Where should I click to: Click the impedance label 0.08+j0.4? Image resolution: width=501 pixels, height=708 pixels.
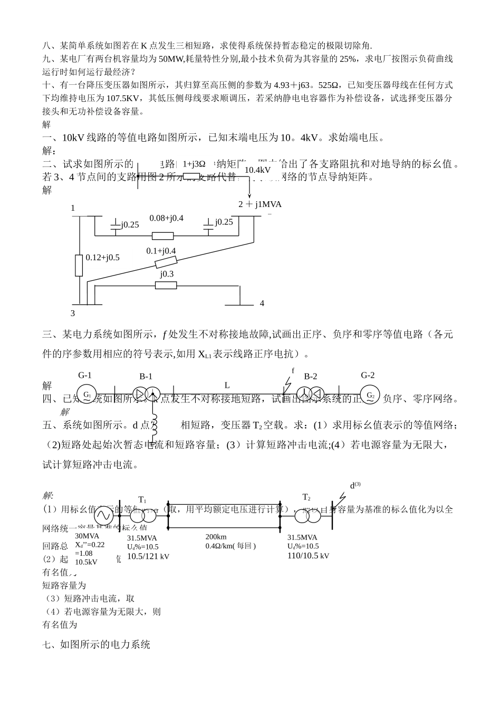166,218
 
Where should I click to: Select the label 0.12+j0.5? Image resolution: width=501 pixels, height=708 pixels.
102,258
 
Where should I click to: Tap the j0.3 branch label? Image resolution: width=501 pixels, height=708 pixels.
167,274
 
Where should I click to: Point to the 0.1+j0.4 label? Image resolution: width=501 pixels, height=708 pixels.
161,251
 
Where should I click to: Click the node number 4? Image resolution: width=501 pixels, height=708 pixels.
262,303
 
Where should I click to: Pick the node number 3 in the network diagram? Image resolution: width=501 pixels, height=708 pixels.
73,313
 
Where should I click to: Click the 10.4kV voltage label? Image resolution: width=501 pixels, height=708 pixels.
258,170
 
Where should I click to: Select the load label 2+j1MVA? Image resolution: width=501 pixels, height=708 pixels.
260,204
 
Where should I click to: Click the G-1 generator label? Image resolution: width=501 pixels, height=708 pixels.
85,376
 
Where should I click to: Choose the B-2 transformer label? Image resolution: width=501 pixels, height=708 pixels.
311,376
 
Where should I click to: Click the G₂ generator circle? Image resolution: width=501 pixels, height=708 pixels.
370,396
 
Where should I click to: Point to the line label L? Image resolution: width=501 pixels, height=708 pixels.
227,385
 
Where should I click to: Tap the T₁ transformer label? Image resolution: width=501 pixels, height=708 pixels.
142,499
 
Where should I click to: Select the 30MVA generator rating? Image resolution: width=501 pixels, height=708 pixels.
87,536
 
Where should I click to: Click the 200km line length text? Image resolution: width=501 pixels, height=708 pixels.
216,537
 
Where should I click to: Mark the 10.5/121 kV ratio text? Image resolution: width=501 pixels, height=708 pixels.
148,556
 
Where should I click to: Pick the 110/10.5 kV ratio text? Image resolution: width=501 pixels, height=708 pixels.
308,556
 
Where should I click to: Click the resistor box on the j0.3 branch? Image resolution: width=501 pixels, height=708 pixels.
166,285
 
